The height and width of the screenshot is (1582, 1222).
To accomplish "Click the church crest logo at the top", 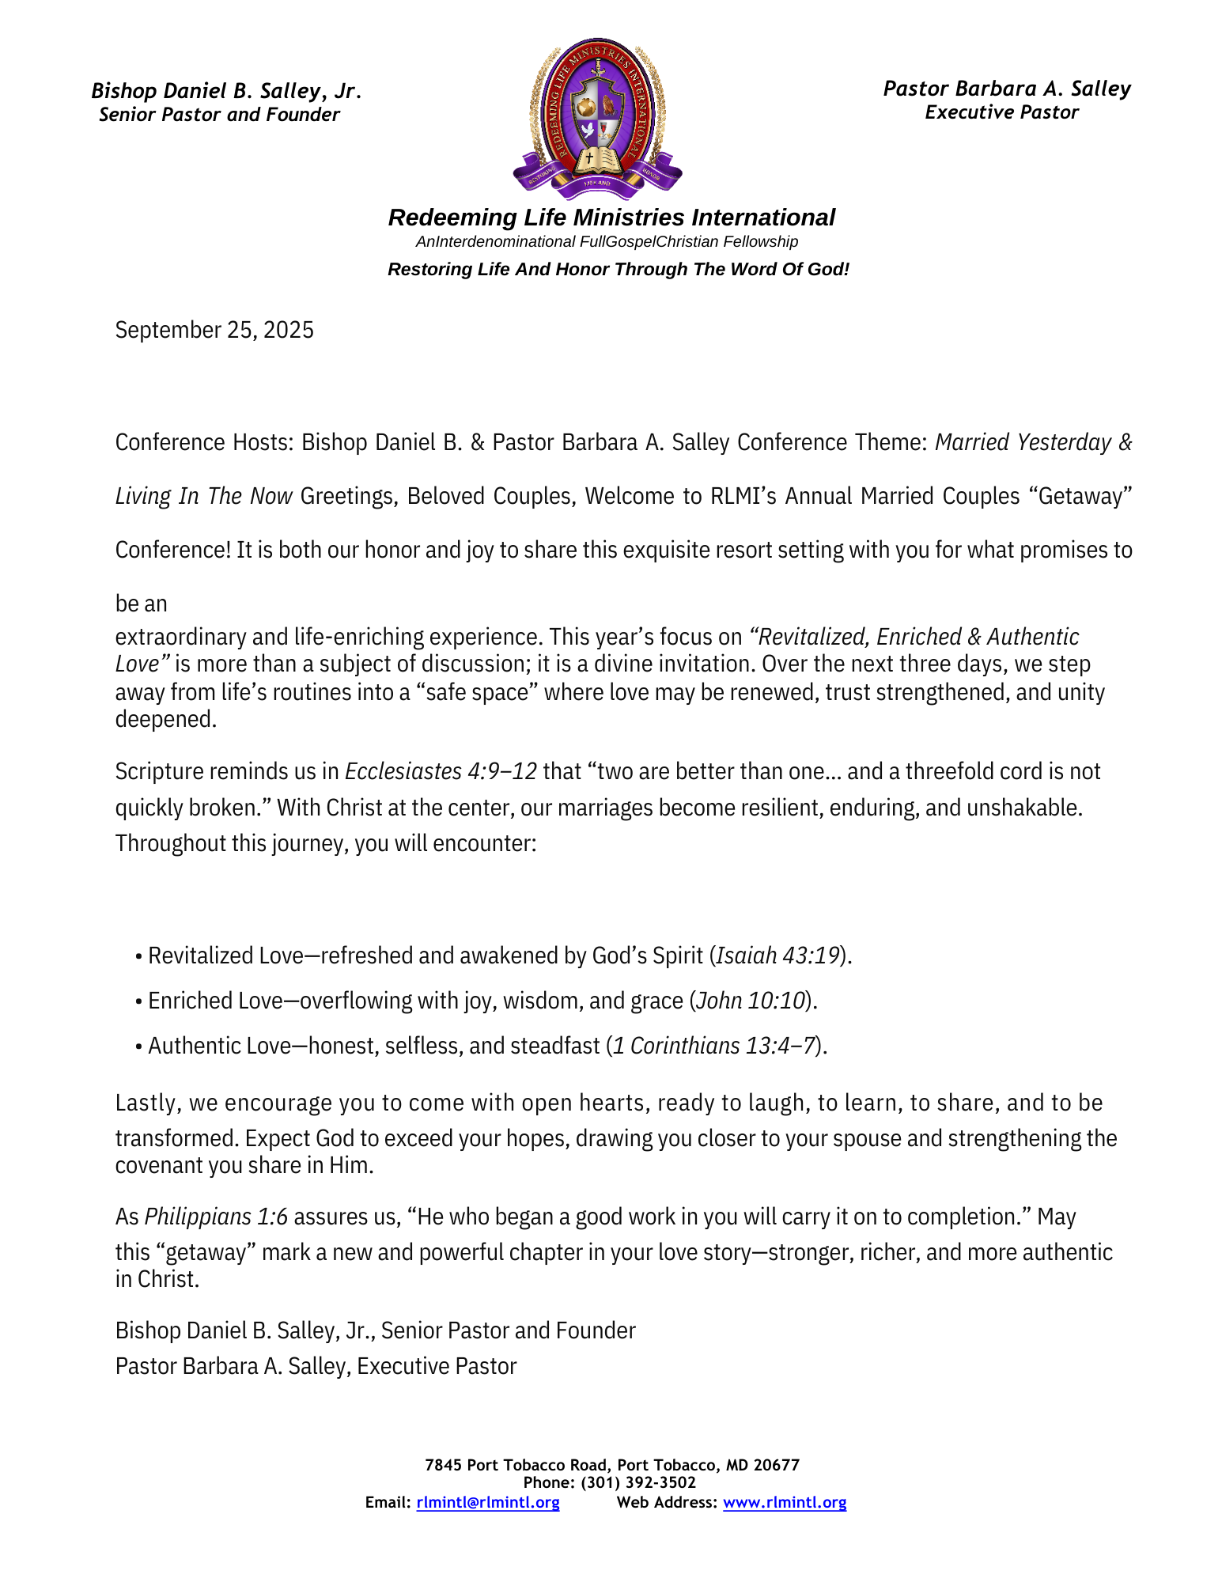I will click(597, 117).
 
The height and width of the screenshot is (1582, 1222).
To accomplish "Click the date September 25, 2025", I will click(214, 330).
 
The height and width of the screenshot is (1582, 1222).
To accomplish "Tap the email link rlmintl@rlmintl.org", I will click(488, 1502).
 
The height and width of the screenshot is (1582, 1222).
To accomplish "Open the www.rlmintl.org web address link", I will click(785, 1502).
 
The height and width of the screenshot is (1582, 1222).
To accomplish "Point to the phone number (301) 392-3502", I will click(638, 1482).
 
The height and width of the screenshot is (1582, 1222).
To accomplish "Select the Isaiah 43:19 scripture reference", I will click(777, 956).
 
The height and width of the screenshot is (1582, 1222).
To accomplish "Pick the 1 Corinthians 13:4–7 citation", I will click(714, 1046).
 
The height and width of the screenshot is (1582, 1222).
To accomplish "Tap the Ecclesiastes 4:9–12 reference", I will click(441, 771).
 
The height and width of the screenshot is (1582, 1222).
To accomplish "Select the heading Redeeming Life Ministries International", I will click(611, 218).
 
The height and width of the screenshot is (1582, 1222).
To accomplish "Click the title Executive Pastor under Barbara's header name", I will click(1001, 112).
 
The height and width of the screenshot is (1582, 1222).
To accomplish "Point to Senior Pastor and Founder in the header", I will click(219, 115).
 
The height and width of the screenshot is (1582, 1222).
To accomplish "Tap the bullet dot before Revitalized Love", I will click(138, 957).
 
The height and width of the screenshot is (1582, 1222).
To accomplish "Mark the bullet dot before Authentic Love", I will click(138, 1047).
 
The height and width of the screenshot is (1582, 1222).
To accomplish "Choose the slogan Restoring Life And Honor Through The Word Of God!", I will click(618, 269).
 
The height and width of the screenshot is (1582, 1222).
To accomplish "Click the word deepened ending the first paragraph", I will click(165, 719).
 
